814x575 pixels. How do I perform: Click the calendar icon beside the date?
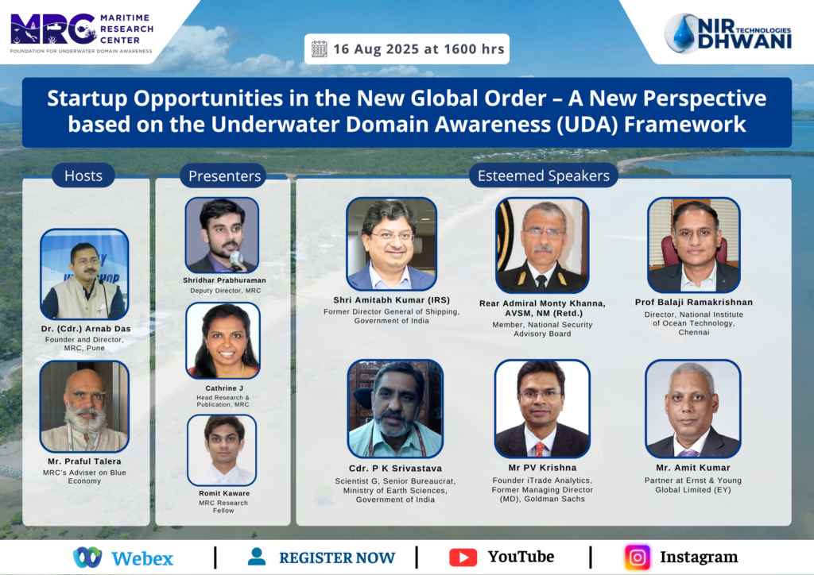tap(320, 49)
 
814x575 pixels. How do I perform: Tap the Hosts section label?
tap(83, 176)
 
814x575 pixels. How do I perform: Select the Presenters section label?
tap(224, 176)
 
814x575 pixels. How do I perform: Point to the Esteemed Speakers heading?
tap(544, 176)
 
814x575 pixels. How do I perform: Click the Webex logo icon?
tap(87, 558)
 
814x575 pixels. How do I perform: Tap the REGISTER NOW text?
tap(337, 558)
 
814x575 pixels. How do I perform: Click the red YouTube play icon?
tap(463, 558)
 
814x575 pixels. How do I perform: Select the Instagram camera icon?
tap(638, 558)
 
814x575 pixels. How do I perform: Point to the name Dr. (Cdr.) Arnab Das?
tap(86, 329)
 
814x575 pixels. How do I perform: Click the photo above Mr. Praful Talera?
tap(84, 407)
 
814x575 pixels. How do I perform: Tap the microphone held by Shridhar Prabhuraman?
tap(236, 260)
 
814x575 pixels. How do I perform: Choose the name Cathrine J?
tap(223, 388)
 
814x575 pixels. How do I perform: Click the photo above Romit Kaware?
tap(222, 450)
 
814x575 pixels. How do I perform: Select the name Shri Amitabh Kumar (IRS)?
tap(391, 300)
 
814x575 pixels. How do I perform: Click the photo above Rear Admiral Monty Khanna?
tap(542, 245)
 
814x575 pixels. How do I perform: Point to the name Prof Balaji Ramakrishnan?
tap(693, 303)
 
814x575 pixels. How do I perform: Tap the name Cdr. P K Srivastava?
tap(395, 469)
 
